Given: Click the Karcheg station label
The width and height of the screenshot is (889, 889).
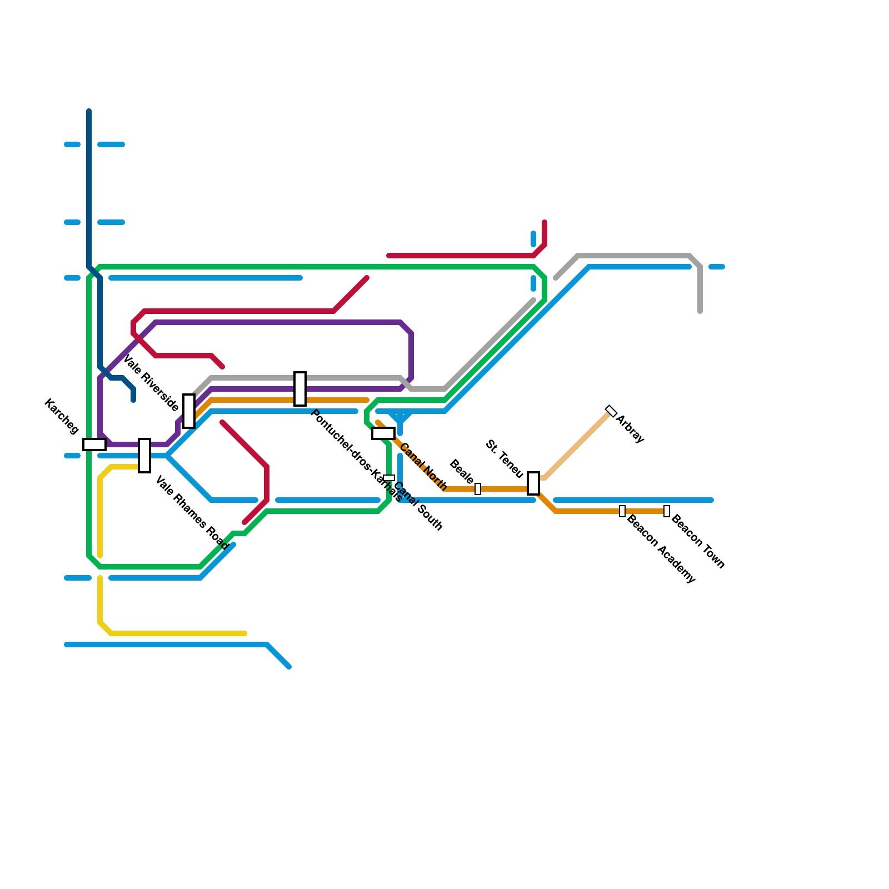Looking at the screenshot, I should pos(61,416).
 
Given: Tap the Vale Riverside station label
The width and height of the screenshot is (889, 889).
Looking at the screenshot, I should pos(151,383).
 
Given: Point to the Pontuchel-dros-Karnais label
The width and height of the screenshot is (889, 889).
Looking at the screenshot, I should pos(356,456).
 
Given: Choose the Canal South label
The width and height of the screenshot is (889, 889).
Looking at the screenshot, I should pos(418,506).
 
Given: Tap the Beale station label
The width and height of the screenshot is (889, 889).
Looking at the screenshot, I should pos(461,471).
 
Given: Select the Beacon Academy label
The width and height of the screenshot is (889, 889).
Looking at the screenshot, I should pos(661,548).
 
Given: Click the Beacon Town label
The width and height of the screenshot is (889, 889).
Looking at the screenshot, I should pos(698,542).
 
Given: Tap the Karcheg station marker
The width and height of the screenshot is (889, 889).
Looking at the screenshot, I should pos(94,444).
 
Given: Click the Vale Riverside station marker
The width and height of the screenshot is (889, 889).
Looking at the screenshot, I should pos(189,411).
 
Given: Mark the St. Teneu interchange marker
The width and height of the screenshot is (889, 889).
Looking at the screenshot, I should pos(533,483).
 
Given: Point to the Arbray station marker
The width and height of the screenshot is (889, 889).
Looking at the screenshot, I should pos(611,411).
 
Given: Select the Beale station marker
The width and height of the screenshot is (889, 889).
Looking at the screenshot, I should pos(478,489).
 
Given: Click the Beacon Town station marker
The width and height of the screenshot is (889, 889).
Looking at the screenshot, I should pos(667,511).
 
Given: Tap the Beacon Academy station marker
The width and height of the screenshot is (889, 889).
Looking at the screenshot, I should pos(622,511).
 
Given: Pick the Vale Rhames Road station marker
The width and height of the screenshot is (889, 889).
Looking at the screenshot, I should pos(144,456).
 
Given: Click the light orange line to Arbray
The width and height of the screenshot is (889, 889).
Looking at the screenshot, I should pos(578,444).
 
